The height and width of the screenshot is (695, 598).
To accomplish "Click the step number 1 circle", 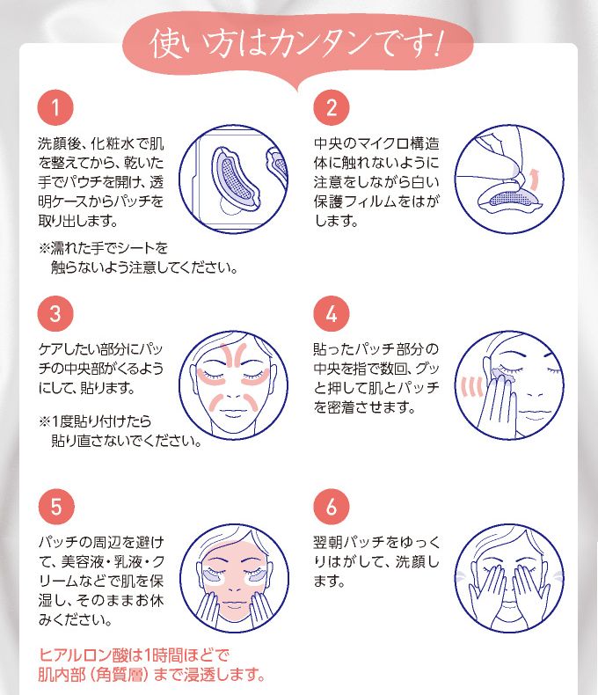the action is click(55, 107).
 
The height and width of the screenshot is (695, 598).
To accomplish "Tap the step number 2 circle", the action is click(332, 107).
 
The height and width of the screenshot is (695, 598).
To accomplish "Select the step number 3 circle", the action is click(55, 313).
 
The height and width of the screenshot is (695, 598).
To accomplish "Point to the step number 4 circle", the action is click(332, 313).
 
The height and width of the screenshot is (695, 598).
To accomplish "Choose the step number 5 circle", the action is click(55, 507).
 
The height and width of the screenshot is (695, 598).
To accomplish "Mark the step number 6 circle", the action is click(332, 507).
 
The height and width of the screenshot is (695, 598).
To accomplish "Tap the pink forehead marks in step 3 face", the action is click(234, 355).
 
